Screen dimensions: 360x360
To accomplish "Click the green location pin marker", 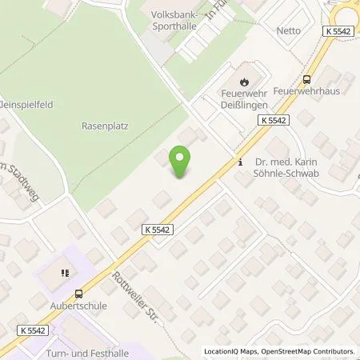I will click(x=182, y=162).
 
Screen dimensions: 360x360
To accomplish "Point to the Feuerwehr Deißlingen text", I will click(x=244, y=99).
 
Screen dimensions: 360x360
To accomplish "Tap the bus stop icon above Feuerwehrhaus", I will click(x=306, y=79).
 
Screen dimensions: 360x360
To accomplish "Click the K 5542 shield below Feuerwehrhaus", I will click(x=273, y=119).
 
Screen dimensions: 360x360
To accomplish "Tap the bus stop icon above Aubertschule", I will click(x=77, y=293).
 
